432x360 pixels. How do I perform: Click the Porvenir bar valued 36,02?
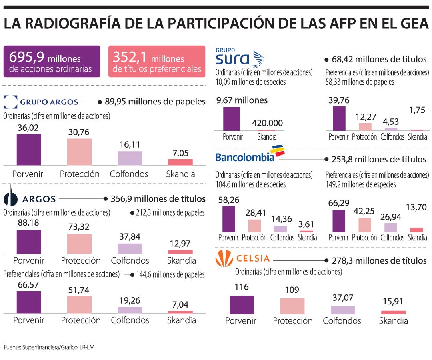coord(29,150)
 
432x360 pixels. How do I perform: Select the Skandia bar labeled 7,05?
coord(180,162)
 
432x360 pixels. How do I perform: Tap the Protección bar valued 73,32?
coord(79,244)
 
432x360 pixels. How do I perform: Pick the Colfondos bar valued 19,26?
coord(130,310)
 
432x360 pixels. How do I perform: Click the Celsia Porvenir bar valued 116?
coord(242,305)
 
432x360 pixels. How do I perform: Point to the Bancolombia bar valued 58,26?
coord(229,219)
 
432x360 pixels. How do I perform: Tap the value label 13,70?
coord(416,207)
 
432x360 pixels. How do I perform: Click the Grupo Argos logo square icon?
coord(10,102)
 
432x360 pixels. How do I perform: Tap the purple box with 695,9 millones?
coord(52,61)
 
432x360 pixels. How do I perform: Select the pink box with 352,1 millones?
coord(157,61)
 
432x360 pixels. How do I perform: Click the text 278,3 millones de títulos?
coord(379,260)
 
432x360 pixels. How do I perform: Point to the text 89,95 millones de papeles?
coord(155,102)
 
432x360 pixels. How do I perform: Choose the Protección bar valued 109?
coord(292,306)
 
